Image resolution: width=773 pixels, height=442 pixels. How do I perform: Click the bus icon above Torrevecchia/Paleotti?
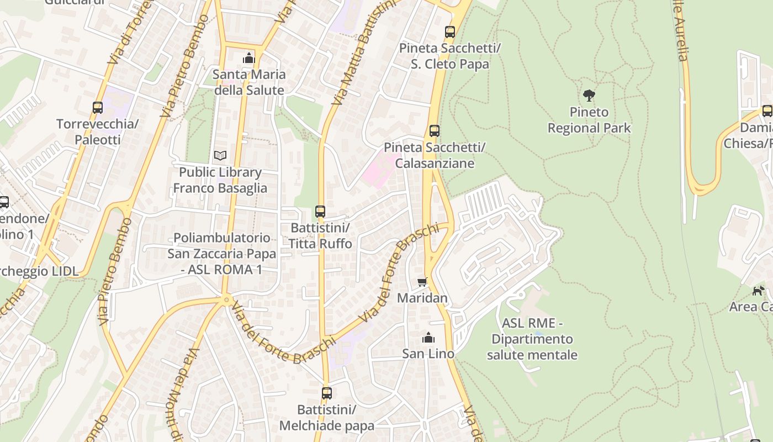click(x=98, y=108)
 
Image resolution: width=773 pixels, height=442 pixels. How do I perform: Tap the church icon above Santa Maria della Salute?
click(x=249, y=58)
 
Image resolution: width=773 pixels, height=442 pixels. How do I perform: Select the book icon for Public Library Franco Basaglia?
click(x=220, y=156)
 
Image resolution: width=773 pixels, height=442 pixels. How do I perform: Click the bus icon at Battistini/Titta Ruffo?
click(x=320, y=211)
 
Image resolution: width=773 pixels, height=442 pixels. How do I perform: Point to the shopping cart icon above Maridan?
click(x=422, y=282)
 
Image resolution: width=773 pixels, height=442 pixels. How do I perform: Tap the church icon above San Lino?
click(x=428, y=338)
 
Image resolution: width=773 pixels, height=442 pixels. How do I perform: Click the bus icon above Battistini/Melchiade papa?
click(x=327, y=393)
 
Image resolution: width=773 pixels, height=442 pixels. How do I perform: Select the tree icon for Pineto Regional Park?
click(x=589, y=96)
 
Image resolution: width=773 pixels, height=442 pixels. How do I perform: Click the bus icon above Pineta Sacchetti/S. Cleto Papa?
click(x=450, y=32)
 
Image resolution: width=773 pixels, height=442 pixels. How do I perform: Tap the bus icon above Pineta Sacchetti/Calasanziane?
click(x=435, y=131)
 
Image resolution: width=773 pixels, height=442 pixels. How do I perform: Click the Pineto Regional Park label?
click(x=589, y=120)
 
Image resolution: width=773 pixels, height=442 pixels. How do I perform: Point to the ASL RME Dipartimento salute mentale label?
click(x=532, y=339)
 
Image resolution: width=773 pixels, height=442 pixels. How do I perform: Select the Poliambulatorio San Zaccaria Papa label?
click(x=222, y=254)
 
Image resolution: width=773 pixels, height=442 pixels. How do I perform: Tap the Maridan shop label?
click(x=422, y=298)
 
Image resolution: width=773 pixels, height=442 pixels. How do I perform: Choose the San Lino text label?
click(x=428, y=354)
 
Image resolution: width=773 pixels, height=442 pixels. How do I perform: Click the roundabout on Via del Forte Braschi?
click(x=226, y=300)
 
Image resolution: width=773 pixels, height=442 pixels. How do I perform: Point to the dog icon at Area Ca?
click(x=758, y=291)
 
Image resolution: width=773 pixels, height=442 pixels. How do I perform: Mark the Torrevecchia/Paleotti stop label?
click(x=97, y=131)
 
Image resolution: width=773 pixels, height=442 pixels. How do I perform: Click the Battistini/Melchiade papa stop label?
click(x=327, y=418)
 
